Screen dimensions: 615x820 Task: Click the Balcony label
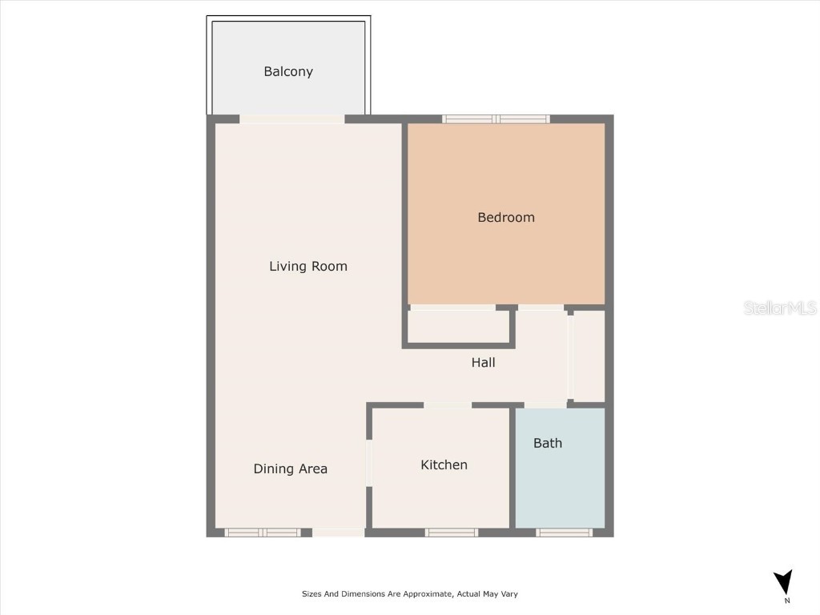coord(288,71)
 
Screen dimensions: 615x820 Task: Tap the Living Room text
coord(308,266)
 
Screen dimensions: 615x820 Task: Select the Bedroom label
coord(506,217)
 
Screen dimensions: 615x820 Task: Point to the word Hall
coord(483,363)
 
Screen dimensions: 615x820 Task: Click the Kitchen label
coord(444,464)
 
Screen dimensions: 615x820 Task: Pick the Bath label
coord(548,443)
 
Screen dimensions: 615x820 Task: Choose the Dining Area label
coord(290,468)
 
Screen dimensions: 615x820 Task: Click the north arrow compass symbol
coord(783,582)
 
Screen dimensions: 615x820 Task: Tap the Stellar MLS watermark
coord(780,307)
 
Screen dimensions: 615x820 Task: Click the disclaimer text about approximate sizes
coord(410,594)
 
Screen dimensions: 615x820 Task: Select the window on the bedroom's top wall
coord(496,119)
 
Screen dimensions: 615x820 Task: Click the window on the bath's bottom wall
coord(564,533)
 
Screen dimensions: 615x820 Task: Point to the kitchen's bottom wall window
coord(452,533)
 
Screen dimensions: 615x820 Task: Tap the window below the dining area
coord(263,533)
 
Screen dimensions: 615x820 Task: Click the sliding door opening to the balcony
coord(292,119)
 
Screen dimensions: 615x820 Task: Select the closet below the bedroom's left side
coord(458,326)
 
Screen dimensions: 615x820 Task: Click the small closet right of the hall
coord(589,356)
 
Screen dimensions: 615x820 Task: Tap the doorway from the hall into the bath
coord(545,405)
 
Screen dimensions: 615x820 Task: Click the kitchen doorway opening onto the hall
coord(448,405)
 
